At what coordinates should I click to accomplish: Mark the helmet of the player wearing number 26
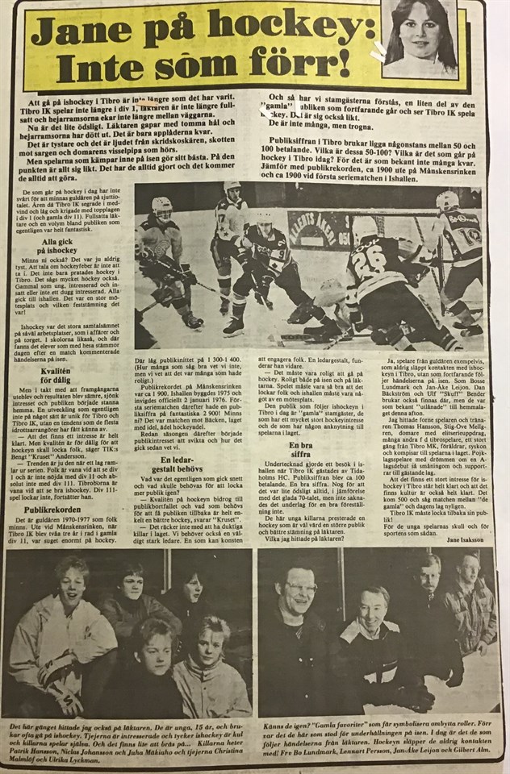tap(365, 227)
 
